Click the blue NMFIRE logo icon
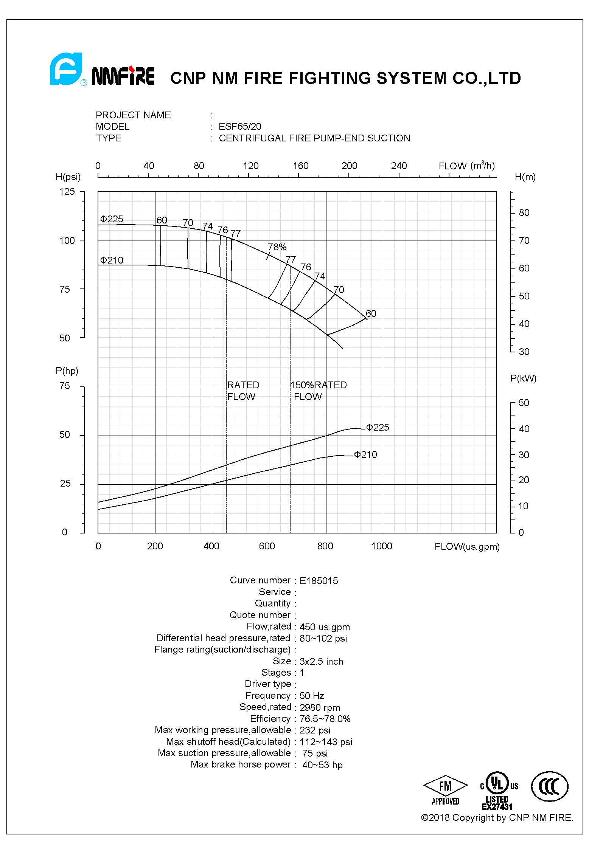point(67,69)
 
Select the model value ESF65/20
point(240,126)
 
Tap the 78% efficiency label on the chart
point(277,247)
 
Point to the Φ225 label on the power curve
point(378,428)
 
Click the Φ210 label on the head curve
point(112,260)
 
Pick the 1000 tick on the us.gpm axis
point(381,546)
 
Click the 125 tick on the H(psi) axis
point(67,192)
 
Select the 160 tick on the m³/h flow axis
point(301,166)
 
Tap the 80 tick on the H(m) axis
point(524,213)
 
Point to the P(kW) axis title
point(523,378)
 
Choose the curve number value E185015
point(319,581)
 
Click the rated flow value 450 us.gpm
point(325,627)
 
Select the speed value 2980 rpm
point(320,707)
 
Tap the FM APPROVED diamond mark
point(445,791)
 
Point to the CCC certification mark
point(549,786)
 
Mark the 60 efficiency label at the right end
point(371,314)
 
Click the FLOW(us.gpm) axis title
point(467,546)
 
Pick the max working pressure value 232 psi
point(315,730)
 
